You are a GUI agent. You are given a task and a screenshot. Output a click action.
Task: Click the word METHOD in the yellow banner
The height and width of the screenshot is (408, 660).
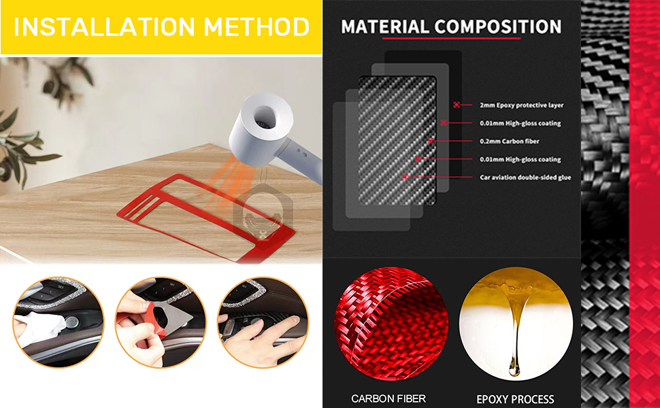click(x=258, y=27)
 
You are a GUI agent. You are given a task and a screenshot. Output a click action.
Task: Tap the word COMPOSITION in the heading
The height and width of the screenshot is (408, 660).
click(x=498, y=27)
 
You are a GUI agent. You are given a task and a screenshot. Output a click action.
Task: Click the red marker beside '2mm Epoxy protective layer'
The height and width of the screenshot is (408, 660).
click(x=457, y=105)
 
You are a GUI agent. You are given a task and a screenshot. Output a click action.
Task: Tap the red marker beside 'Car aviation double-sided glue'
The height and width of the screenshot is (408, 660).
click(x=406, y=177)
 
